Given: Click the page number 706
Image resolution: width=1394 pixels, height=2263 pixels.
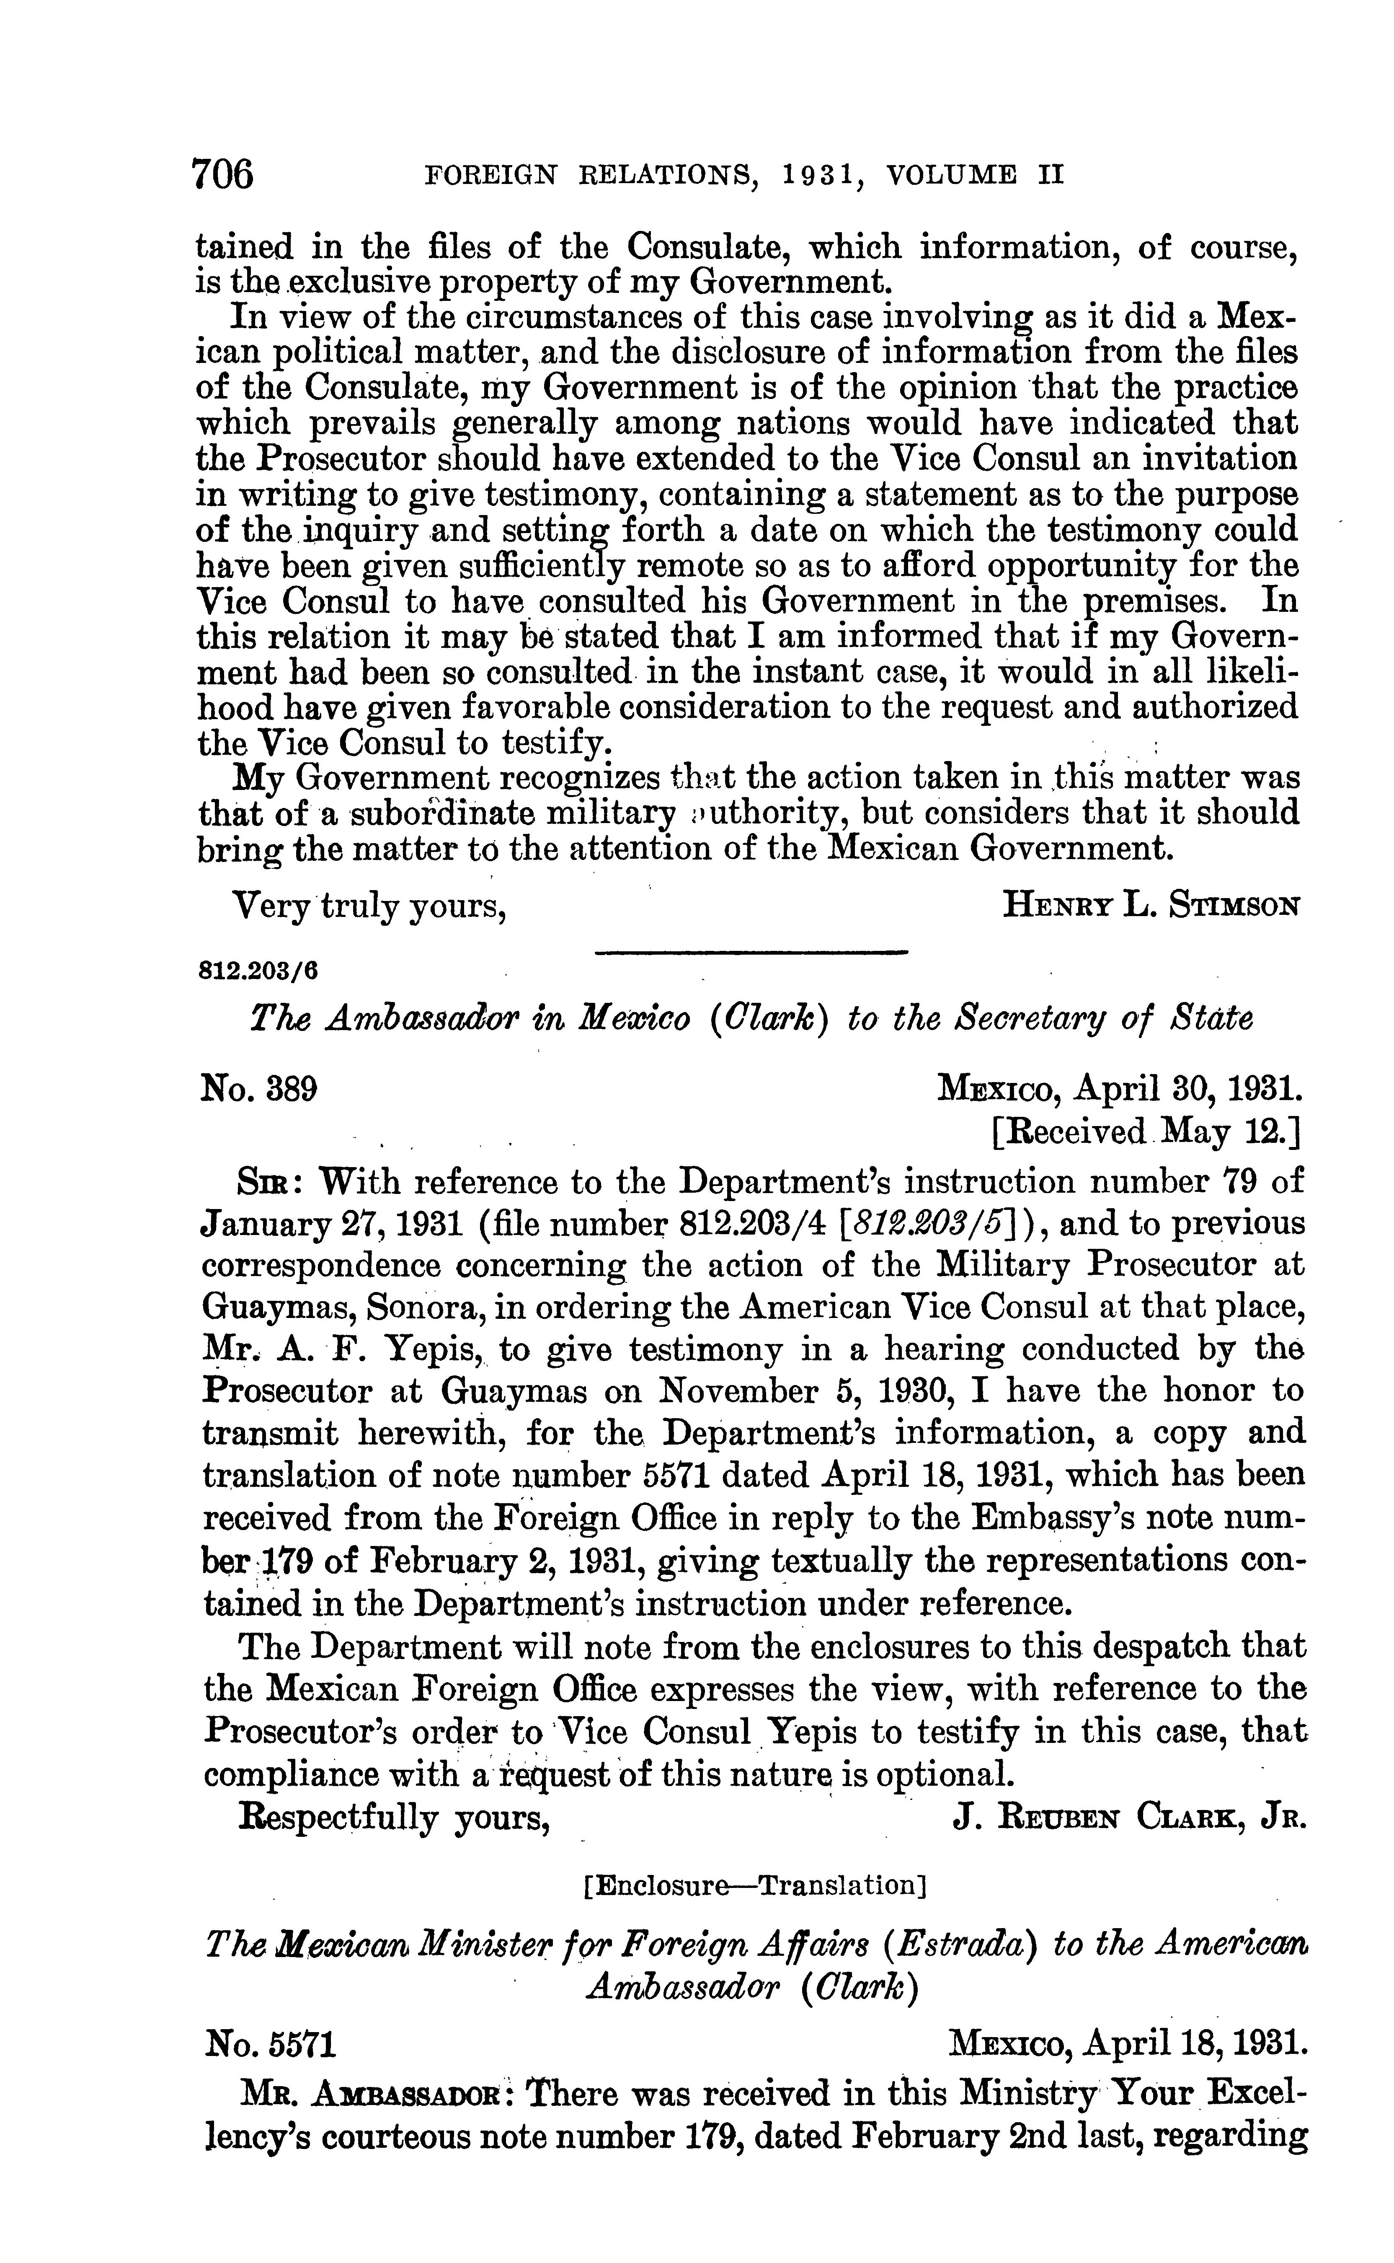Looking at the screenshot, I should click(222, 173).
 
